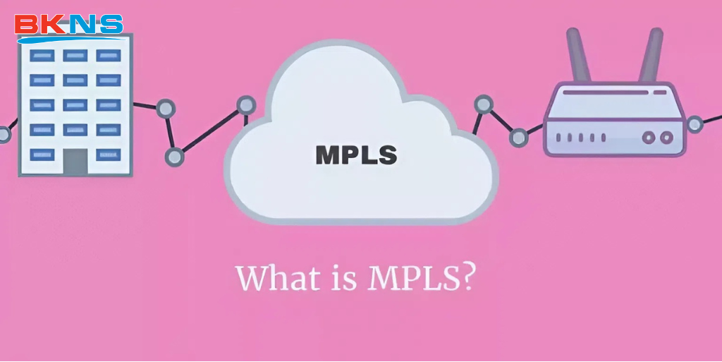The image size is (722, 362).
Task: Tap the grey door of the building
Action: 75,161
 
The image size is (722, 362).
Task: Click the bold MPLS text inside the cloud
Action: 356,155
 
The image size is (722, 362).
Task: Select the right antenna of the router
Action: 651,54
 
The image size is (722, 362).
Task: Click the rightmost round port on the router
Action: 666,137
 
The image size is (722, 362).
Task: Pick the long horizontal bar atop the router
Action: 606,92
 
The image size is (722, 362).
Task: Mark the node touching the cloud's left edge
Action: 246,105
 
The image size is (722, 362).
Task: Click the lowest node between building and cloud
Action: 175,157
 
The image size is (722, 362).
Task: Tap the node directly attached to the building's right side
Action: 166,109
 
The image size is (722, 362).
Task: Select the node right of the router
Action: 695,124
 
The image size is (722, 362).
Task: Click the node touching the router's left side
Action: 518,137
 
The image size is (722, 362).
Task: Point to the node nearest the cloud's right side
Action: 484,104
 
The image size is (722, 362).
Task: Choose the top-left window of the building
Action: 42,55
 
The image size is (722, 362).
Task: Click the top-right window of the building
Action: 108,55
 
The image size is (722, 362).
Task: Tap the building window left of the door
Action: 42,155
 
